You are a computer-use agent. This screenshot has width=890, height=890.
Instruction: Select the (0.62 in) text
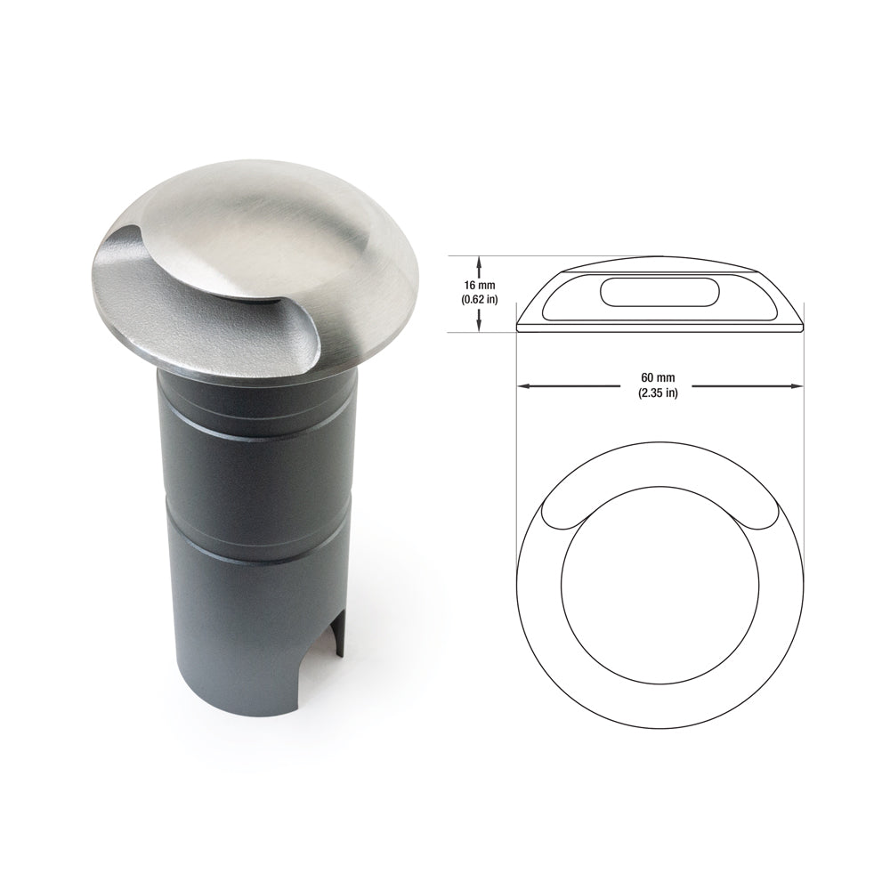tap(480, 301)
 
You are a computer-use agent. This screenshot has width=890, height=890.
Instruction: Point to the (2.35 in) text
tap(658, 393)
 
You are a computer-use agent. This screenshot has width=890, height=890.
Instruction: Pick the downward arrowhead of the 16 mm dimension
tap(480, 328)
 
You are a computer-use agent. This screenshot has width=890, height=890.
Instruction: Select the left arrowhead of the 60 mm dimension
tap(523, 386)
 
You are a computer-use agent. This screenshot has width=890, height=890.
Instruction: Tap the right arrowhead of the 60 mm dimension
tap(798, 386)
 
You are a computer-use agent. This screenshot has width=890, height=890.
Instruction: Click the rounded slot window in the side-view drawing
tap(659, 290)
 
